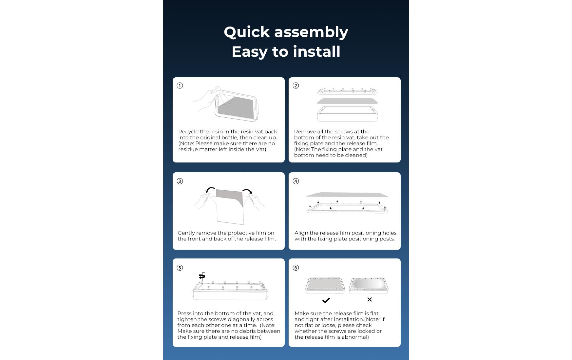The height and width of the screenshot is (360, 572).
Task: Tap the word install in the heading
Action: coord(316,51)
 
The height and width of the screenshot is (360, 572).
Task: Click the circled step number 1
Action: coord(180,85)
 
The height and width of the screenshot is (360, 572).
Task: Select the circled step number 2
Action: coord(296,85)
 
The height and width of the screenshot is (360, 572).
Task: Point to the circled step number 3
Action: coord(180,181)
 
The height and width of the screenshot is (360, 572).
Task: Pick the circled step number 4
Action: coord(296,181)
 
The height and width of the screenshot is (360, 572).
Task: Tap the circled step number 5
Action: coord(180,268)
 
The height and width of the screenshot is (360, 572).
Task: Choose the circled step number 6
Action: coord(296,268)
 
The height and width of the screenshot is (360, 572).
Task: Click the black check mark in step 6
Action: coord(326,300)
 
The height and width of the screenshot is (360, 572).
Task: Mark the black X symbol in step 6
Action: coord(370,299)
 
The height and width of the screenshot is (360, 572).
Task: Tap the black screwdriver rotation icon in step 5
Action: coord(202,276)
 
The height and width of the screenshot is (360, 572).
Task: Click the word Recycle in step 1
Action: coord(188,132)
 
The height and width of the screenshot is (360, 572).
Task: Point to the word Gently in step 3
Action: coord(187,233)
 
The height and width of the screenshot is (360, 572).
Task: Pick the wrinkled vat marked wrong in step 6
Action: coord(369,285)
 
